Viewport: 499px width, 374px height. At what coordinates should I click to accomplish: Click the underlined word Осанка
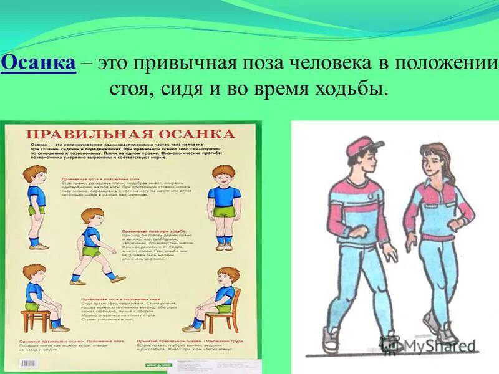click(x=39, y=63)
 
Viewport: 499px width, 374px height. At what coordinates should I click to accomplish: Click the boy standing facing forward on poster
click(x=224, y=206)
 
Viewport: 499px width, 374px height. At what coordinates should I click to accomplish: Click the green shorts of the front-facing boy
click(x=223, y=212)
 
